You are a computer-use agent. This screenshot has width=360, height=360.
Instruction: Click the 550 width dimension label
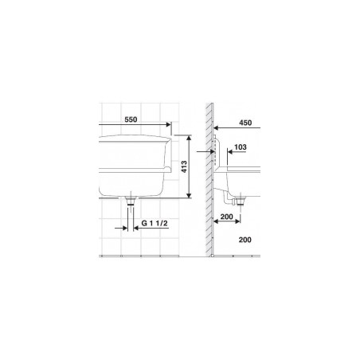[131, 119]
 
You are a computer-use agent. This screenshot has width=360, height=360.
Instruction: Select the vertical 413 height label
[184, 166]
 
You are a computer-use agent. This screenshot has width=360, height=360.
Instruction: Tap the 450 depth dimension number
[245, 123]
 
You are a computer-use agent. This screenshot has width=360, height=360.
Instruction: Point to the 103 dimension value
[241, 147]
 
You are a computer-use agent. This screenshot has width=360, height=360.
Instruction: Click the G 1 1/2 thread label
[155, 223]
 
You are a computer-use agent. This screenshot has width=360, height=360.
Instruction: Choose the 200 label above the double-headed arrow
[226, 217]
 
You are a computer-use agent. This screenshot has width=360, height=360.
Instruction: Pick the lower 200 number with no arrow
[245, 240]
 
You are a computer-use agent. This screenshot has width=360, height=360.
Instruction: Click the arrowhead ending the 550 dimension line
[168, 124]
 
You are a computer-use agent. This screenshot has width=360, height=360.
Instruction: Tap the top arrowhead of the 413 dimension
[189, 138]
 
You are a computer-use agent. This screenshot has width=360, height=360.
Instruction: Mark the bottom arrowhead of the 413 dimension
[189, 195]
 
